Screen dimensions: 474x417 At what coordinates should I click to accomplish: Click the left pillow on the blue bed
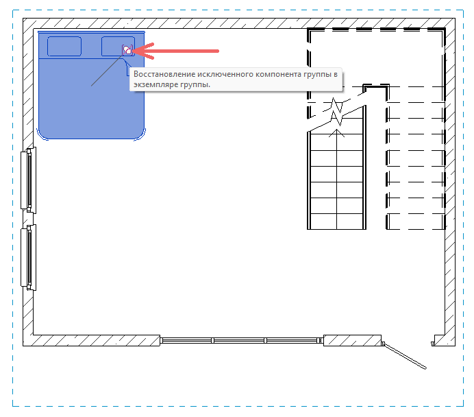coord(64,47)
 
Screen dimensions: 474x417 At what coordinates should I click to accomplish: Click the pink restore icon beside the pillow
coord(127,50)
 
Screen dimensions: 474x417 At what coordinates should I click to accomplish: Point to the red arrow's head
coord(140,50)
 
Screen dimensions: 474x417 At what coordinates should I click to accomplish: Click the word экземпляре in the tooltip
coord(153,84)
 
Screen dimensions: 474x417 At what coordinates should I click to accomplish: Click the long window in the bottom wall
coord(240,339)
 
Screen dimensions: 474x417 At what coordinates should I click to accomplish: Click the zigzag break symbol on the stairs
coord(336,114)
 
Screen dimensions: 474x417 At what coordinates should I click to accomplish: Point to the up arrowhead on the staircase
coord(336,132)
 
